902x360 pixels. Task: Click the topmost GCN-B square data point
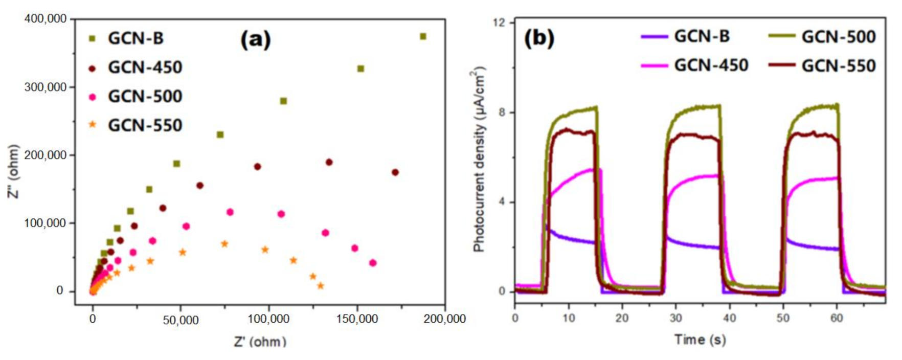point(423,36)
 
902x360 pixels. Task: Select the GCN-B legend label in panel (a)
point(136,38)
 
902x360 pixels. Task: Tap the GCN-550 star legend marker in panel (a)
point(93,124)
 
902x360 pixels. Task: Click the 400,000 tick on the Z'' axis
point(46,19)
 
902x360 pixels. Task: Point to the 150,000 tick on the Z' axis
point(357,320)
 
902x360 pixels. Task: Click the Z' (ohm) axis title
point(260,341)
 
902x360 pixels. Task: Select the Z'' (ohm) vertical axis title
point(14,171)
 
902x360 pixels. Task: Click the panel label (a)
point(255,39)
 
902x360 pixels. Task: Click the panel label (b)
point(539,39)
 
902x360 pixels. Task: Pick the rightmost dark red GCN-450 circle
point(395,172)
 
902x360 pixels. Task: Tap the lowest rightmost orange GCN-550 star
point(321,286)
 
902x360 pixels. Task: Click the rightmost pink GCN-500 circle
point(373,263)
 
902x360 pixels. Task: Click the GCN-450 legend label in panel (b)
point(711,65)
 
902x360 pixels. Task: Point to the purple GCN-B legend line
point(654,37)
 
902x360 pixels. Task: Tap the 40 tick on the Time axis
point(729,318)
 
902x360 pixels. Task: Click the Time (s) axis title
point(700,340)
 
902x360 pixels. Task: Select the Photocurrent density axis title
point(479,160)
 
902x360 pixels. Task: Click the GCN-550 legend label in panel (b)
point(838,65)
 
